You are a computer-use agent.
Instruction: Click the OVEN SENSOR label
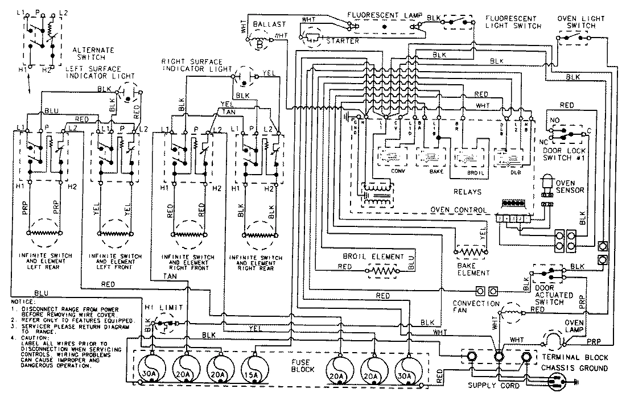[569, 186]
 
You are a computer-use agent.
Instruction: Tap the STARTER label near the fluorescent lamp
[343, 41]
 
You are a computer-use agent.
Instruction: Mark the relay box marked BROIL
[467, 157]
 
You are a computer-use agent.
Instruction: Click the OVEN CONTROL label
[458, 210]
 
